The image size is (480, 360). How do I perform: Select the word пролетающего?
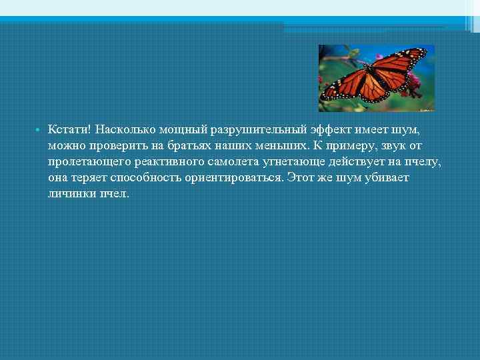(x=87, y=162)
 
